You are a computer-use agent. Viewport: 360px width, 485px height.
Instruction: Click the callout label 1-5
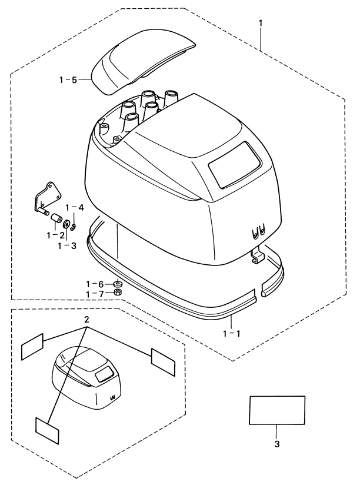tap(68, 80)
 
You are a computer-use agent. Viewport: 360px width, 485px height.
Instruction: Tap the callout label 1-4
tap(75, 208)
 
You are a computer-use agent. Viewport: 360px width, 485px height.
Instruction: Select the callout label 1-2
tap(56, 235)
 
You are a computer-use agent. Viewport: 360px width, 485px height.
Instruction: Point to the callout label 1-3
tap(66, 246)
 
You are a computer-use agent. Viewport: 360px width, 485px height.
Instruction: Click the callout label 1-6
tap(95, 284)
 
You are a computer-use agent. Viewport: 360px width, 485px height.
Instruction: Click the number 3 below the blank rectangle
tap(277, 444)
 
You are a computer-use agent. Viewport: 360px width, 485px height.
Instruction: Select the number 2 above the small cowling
tap(87, 319)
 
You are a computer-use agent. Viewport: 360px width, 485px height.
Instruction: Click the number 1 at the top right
tap(261, 24)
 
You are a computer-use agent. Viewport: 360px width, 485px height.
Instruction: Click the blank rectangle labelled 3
tap(277, 410)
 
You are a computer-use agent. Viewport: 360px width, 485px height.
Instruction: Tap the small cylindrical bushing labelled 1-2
tap(56, 218)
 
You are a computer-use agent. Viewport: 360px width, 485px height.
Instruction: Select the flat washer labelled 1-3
tap(66, 224)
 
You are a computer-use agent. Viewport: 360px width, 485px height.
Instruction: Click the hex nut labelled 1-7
tap(118, 293)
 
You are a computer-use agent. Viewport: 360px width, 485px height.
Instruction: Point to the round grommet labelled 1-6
tap(118, 284)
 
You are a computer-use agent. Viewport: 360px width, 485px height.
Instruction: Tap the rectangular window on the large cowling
tap(235, 165)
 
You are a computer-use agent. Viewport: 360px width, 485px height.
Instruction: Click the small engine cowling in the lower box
tap(88, 378)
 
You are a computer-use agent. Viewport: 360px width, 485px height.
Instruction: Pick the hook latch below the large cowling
tap(258, 254)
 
